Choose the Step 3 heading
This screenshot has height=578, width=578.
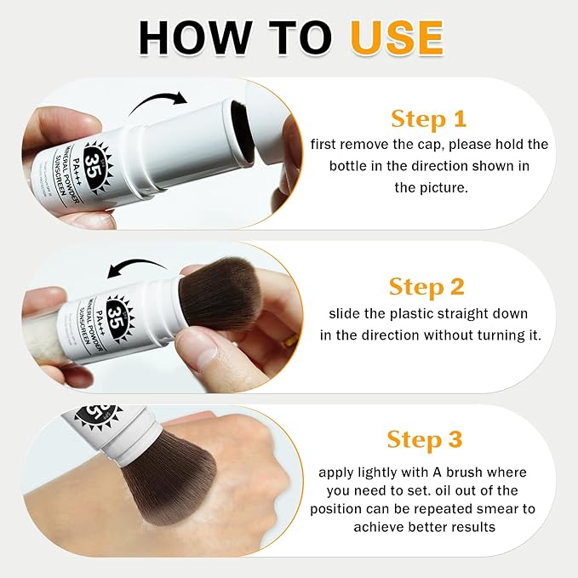click(x=425, y=439)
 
